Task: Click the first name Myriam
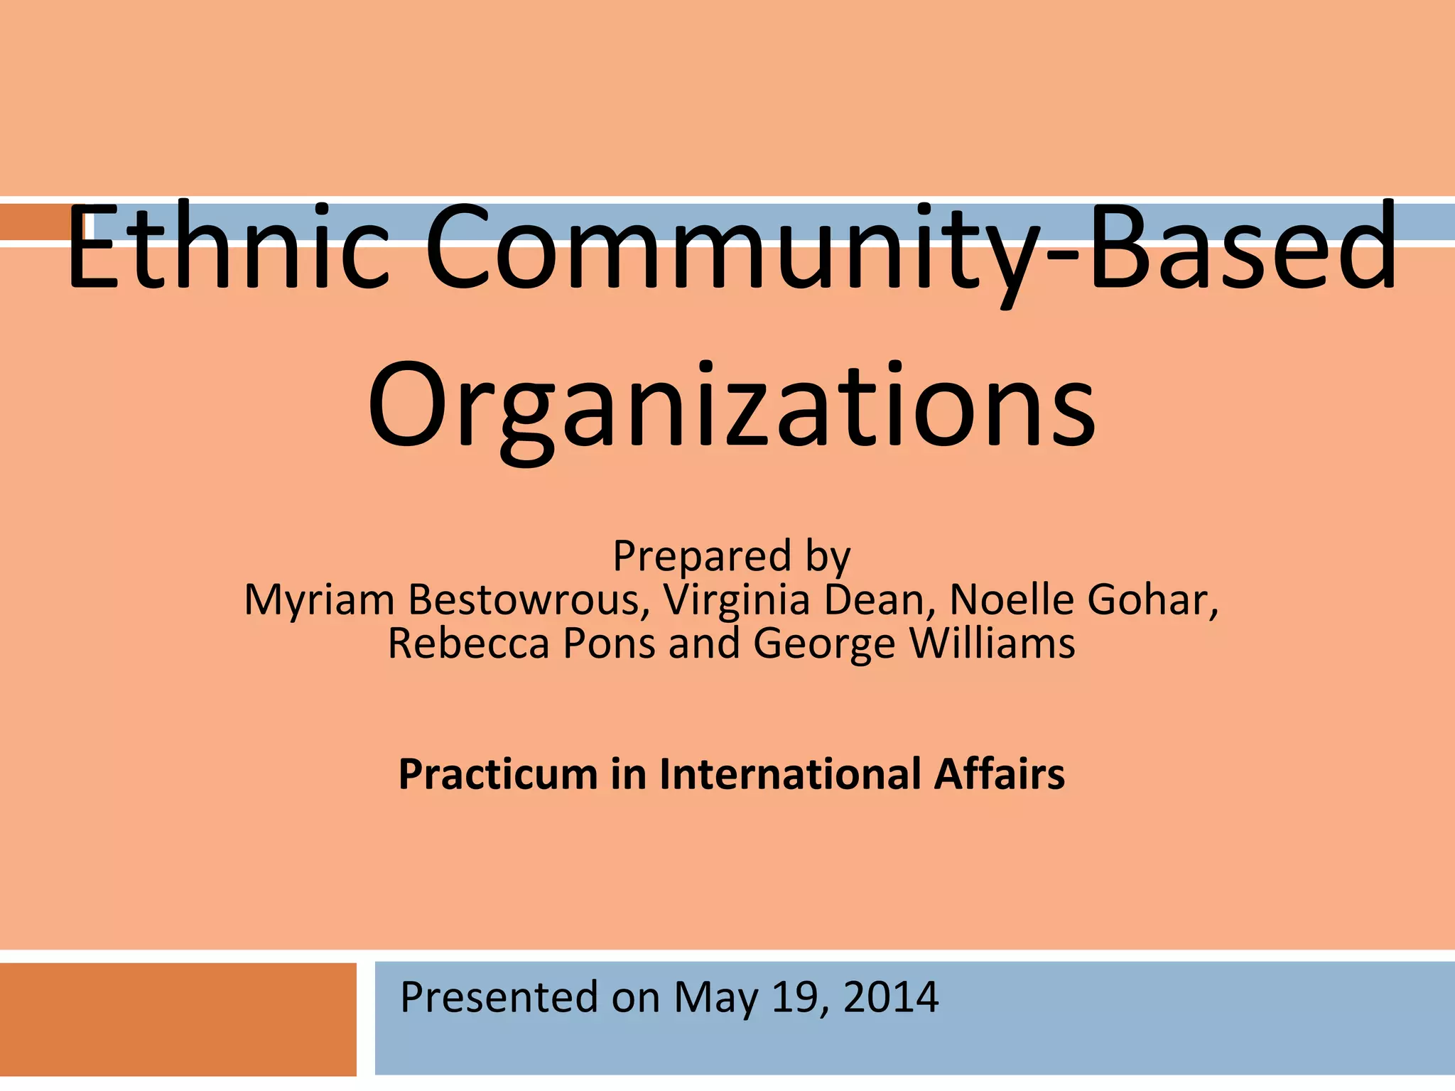[319, 599]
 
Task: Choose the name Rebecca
[468, 644]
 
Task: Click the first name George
[824, 644]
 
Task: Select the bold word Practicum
[497, 774]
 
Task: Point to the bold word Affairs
[1000, 774]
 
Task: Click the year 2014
[891, 997]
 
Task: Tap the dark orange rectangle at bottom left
[178, 1019]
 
